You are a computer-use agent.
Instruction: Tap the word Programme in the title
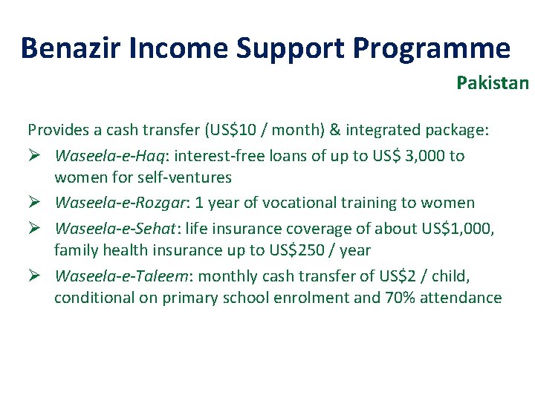(x=431, y=48)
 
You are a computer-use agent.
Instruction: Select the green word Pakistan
(x=493, y=82)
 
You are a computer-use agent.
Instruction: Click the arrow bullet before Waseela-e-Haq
(x=34, y=155)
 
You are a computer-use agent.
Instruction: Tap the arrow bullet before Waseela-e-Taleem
(x=34, y=276)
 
